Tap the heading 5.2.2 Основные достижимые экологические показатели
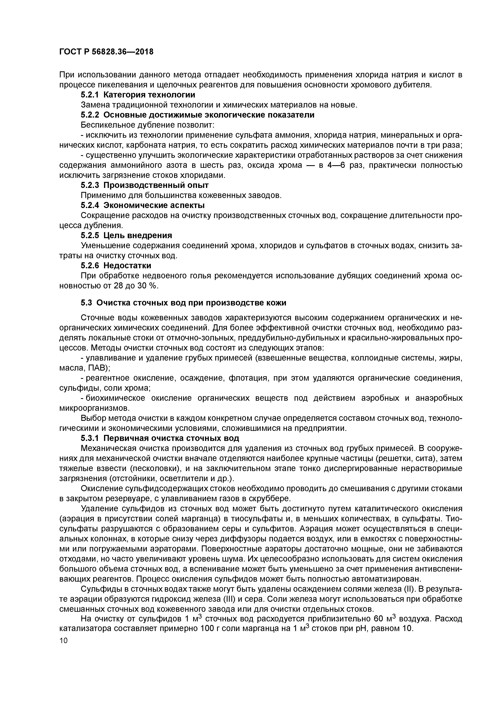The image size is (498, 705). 197,115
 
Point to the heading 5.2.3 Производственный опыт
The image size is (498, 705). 145,185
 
